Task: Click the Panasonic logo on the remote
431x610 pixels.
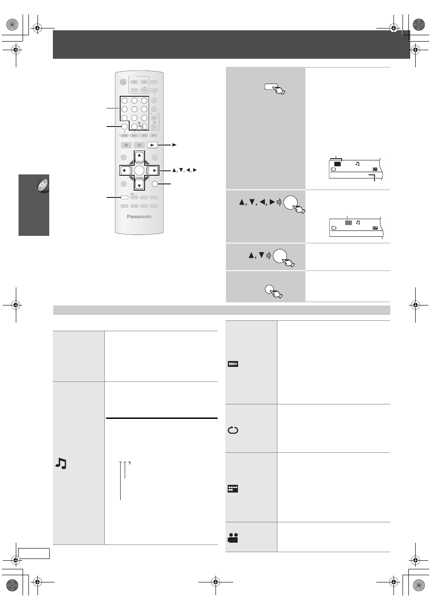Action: [139, 216]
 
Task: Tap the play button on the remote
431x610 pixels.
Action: [152, 145]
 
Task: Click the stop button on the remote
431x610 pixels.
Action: [126, 145]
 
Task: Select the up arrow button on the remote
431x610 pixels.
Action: [139, 156]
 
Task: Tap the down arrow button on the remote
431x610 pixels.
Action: [139, 185]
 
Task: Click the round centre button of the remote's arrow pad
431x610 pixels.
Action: [139, 170]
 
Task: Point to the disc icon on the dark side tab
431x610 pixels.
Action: [43, 186]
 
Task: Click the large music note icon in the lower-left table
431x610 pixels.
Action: [61, 463]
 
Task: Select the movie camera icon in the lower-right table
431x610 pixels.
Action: [233, 538]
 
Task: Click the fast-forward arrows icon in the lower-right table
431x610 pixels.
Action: [233, 364]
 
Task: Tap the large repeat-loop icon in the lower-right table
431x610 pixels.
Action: [233, 430]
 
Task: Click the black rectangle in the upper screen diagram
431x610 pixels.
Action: [337, 164]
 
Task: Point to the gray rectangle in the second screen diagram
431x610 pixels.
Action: [348, 223]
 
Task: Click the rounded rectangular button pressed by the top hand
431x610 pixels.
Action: [271, 87]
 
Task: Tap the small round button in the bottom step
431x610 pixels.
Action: [269, 289]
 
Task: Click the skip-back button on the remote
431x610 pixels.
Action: [124, 136]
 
